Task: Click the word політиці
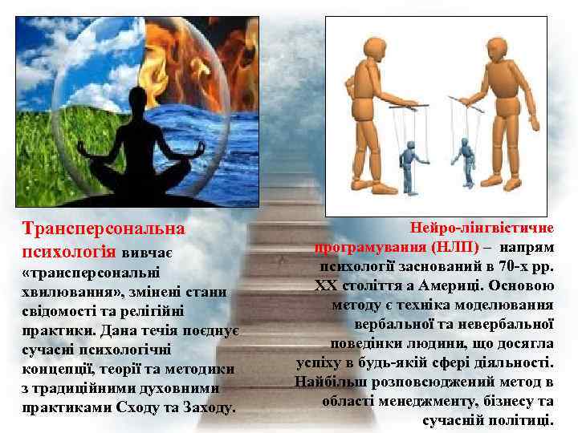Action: pos(523,419)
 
